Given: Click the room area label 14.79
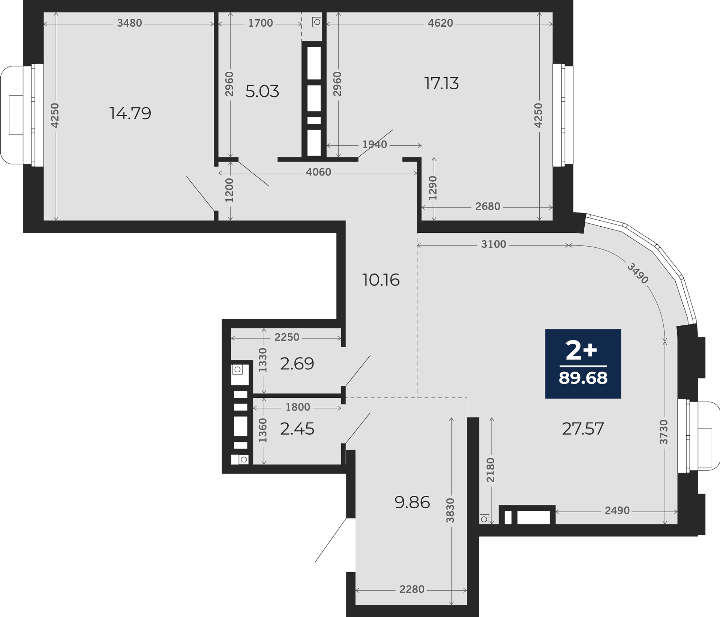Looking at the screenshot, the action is tap(130, 113).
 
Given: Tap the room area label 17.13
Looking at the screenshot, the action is tap(441, 83).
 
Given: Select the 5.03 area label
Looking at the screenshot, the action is tap(262, 91).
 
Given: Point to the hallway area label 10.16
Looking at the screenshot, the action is tap(381, 280).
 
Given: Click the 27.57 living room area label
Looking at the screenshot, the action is tap(583, 429).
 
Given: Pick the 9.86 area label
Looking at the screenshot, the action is tap(412, 502).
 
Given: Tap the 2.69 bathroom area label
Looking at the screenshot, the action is tap(297, 363).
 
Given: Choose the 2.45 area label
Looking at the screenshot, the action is tap(297, 429).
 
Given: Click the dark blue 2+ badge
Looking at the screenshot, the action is tap(583, 364).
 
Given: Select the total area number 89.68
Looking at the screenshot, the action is tap(583, 378).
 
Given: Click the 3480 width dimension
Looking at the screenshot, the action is tap(129, 23).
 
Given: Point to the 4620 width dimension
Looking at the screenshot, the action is tap(441, 23).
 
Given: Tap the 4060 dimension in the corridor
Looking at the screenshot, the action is tap(319, 172).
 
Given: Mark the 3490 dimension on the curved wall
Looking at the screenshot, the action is tap(638, 273).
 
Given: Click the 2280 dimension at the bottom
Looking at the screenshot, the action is tap(412, 590).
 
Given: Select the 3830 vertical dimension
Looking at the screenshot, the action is tap(450, 510).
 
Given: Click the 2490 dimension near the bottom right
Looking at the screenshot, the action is tap(617, 510).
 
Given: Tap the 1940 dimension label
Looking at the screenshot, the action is tap(375, 144).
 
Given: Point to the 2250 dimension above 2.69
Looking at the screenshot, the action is tap(287, 337).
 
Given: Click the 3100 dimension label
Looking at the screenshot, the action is tap(493, 244).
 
